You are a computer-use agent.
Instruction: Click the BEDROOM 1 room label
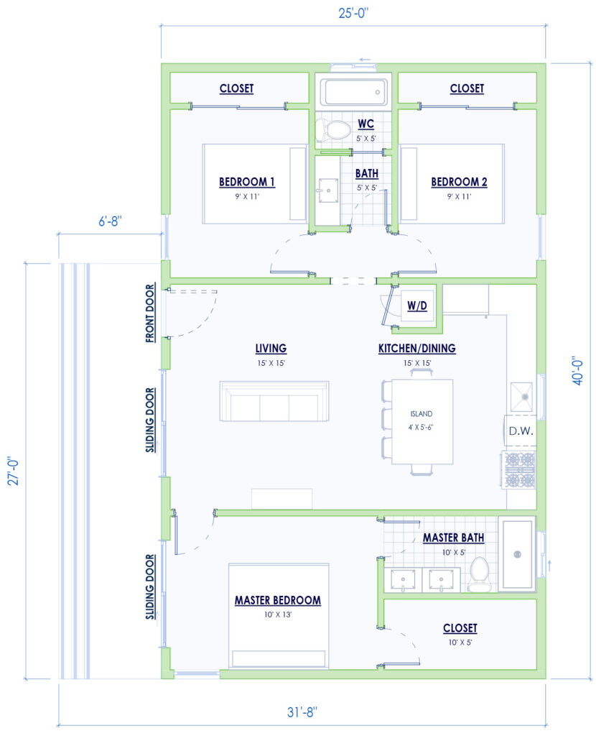point(247,182)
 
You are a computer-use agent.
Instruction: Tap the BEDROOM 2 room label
point(459,182)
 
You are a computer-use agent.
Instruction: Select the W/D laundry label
point(417,306)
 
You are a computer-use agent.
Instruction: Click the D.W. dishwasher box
point(520,432)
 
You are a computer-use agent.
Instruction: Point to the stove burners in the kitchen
point(520,470)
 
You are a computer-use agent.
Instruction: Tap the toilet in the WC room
point(332,130)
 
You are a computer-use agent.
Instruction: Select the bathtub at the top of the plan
point(353,92)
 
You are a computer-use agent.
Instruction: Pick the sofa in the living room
point(274,402)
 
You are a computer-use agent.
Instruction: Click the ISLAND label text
point(421,415)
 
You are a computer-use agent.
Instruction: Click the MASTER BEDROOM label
point(277,600)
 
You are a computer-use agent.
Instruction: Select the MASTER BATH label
point(453,538)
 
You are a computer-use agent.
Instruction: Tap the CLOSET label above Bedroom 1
point(236,88)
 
